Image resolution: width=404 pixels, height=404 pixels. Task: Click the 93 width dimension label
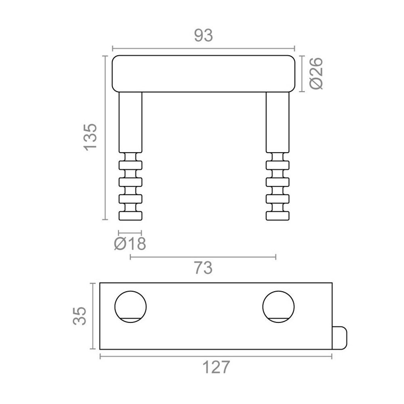click(204, 36)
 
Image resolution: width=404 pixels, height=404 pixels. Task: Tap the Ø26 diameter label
click(316, 74)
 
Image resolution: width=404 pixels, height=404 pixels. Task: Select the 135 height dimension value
click(90, 137)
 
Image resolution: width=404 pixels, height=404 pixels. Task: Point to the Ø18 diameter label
click(130, 244)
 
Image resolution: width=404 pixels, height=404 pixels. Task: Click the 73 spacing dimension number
click(203, 268)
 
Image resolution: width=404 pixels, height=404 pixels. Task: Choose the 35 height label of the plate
click(80, 316)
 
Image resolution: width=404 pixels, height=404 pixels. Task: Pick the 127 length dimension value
click(216, 367)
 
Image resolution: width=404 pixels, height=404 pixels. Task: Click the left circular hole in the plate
click(130, 307)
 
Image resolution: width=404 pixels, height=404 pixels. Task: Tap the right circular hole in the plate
click(278, 307)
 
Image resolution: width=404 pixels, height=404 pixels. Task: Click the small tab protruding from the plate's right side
click(340, 338)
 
